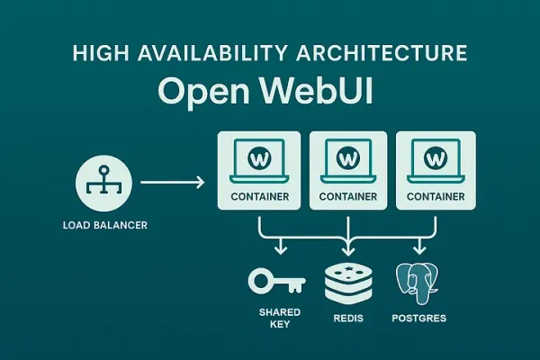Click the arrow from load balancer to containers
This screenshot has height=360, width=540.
click(x=172, y=183)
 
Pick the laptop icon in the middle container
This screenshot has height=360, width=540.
click(x=348, y=161)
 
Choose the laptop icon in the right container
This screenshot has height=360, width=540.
click(x=436, y=161)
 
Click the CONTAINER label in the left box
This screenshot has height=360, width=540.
click(x=259, y=196)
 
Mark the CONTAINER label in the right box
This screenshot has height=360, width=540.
click(x=436, y=196)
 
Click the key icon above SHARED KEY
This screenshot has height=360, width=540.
click(x=274, y=283)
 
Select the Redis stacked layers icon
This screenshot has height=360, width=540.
click(x=347, y=282)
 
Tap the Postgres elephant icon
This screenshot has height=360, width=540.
click(x=418, y=283)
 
